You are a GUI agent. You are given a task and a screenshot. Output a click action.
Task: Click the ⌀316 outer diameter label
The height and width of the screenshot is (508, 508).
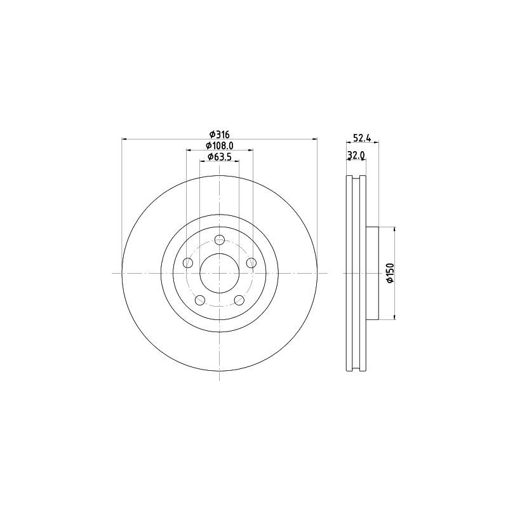click(x=219, y=134)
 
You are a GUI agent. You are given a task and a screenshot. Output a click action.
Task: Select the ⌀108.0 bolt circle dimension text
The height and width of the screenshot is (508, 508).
click(x=219, y=145)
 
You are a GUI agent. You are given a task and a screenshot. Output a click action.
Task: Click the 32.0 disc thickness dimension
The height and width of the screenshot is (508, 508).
click(x=356, y=155)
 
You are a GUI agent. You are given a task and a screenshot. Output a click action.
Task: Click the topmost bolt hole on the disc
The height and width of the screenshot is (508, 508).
click(x=220, y=239)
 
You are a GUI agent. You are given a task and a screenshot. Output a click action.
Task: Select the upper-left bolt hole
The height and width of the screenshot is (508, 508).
click(x=187, y=263)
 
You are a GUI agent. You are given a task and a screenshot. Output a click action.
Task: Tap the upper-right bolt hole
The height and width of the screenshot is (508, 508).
click(x=251, y=263)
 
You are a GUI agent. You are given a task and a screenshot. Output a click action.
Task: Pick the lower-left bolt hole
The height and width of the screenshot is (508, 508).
click(x=200, y=300)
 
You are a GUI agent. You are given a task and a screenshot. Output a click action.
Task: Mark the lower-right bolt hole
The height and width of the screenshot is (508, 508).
click(x=239, y=300)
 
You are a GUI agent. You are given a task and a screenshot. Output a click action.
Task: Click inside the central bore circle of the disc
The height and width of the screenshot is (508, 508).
click(x=220, y=273)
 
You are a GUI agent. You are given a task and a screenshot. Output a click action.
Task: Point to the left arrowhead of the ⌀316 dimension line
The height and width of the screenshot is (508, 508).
click(x=124, y=139)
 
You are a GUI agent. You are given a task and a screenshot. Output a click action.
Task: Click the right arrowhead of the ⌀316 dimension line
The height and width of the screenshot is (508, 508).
click(x=315, y=139)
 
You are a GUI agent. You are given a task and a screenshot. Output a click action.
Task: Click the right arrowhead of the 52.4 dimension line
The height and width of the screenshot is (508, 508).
click(x=377, y=143)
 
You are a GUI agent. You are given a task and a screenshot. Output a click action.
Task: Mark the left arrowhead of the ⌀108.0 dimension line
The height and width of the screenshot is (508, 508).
click(x=189, y=150)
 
